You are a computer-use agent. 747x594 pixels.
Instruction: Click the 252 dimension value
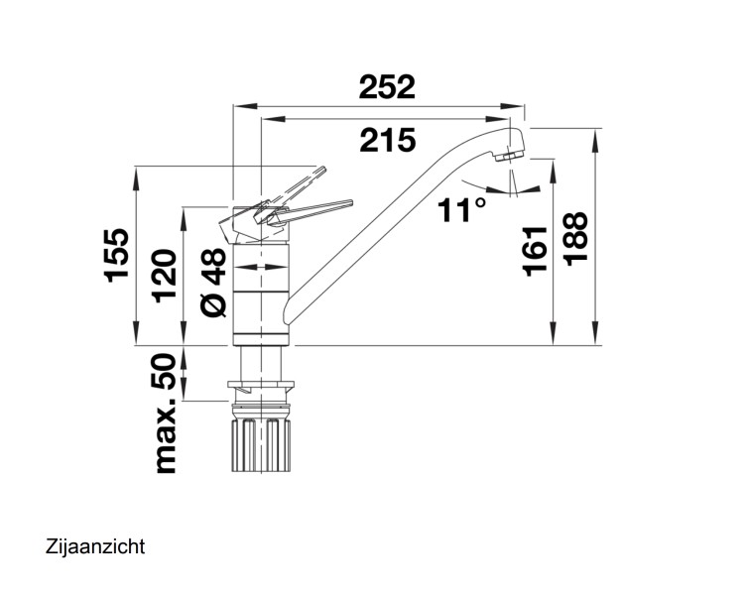point(387,87)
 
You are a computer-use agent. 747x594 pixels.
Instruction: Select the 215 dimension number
point(388,140)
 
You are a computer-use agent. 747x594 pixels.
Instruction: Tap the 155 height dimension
point(117,256)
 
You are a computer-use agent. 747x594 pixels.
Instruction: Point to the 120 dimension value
point(165,276)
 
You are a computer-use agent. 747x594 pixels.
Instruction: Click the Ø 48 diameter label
point(213,282)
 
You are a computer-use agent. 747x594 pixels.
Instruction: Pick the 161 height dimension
point(535,251)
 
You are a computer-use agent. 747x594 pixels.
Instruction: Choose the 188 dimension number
point(575,239)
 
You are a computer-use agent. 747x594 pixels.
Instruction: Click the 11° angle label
point(462,210)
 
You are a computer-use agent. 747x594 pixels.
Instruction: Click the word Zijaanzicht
point(95,546)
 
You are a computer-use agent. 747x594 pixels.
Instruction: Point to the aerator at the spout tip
point(509,157)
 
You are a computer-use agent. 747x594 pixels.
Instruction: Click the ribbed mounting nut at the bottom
point(261,445)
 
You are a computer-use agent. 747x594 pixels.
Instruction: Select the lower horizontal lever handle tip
point(350,203)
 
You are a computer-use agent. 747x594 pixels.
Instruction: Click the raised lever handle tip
point(322,170)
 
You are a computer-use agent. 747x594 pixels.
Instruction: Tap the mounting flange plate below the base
point(261,385)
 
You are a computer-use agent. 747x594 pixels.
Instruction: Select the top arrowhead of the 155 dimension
point(136,178)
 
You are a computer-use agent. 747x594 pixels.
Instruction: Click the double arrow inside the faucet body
point(261,268)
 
